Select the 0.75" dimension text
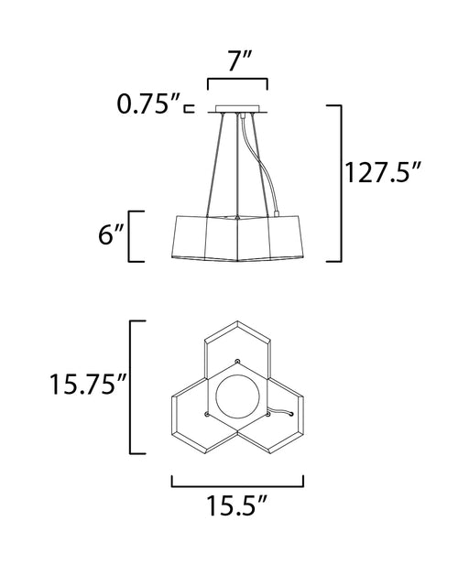click(x=149, y=103)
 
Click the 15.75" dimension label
click(x=88, y=385)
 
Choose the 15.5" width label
click(x=237, y=505)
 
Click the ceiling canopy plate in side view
click(x=237, y=109)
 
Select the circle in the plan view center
click(x=236, y=396)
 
